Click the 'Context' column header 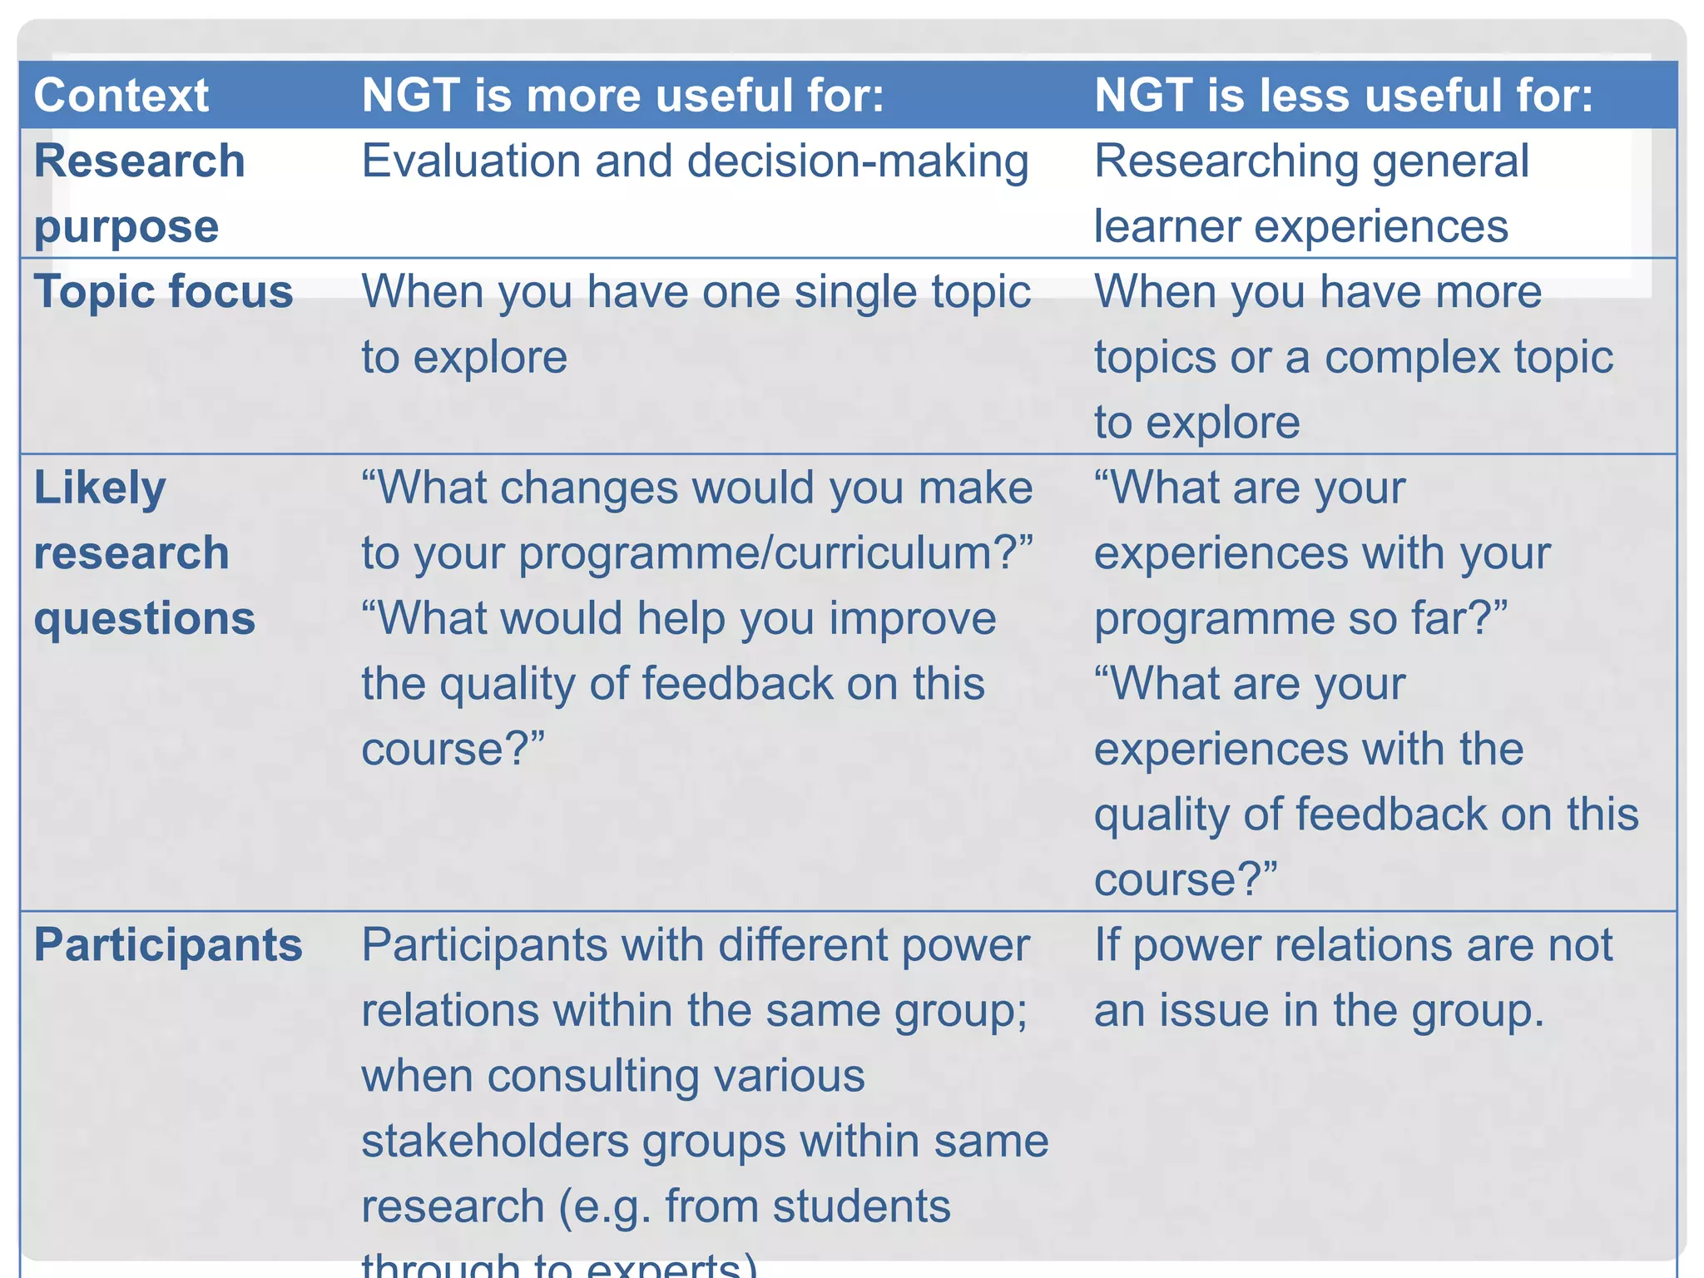121,95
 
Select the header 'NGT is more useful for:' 622,95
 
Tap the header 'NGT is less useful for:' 1343,95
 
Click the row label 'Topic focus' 163,291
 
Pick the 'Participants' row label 168,945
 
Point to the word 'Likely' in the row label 100,488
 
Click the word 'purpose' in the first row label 126,226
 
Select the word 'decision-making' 858,161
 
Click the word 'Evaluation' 471,161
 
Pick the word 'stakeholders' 495,1141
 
